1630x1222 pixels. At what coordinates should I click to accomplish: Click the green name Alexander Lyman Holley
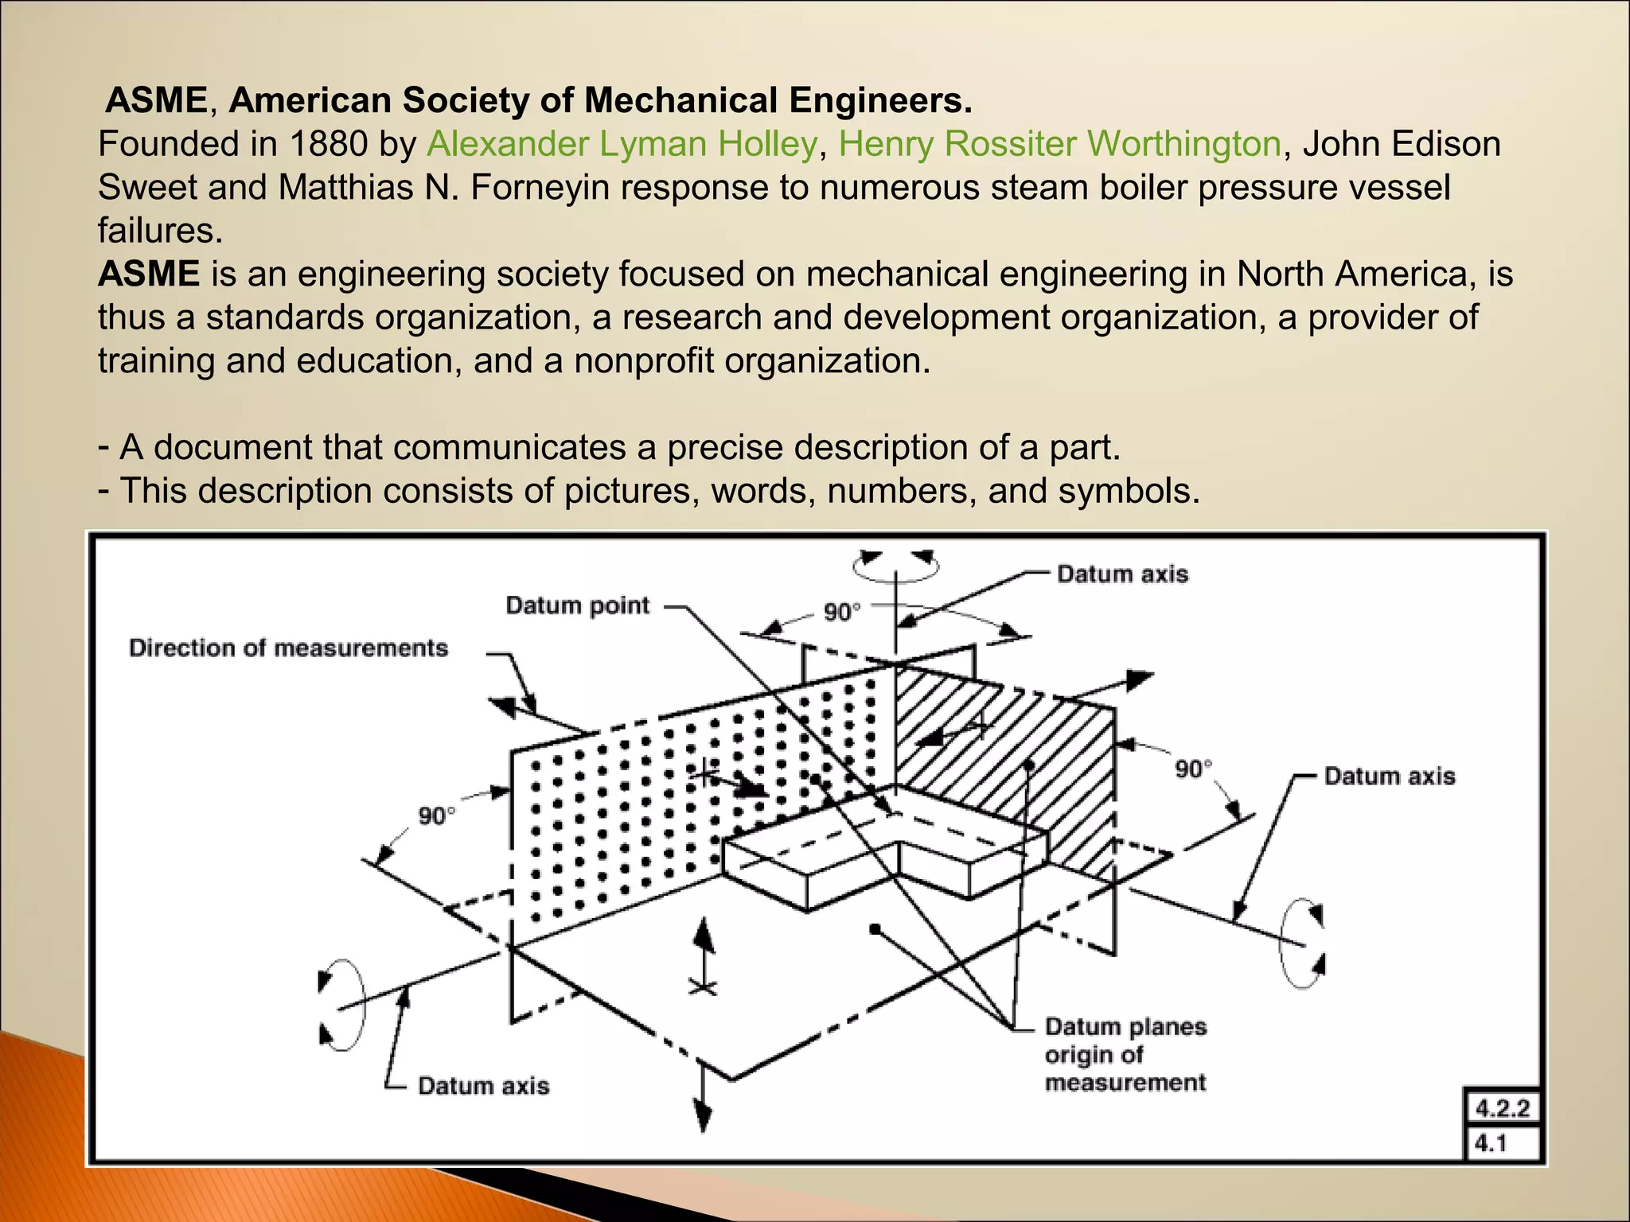click(622, 145)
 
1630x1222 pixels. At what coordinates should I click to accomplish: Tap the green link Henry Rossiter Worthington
click(1059, 145)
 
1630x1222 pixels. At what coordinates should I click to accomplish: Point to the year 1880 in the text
click(328, 145)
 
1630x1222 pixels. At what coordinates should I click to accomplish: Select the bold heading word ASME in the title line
click(157, 101)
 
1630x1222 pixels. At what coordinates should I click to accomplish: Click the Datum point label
click(578, 606)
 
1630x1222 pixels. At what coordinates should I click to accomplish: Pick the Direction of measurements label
click(289, 648)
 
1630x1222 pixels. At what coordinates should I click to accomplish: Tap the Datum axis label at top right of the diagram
click(1122, 574)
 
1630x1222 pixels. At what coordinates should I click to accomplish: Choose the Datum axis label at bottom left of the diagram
click(484, 1086)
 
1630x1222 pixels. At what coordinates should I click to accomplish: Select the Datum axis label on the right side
click(1390, 776)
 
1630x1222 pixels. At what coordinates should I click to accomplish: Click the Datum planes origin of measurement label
click(1125, 1055)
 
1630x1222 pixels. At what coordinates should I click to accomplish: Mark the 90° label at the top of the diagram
click(842, 613)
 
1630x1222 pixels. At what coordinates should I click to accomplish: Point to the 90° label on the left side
click(438, 816)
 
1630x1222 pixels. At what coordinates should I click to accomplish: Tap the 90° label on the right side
click(1194, 769)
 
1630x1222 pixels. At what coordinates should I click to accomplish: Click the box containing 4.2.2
click(1503, 1108)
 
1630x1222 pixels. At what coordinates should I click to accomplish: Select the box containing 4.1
click(1503, 1144)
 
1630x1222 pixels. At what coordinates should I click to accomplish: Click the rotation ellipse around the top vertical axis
click(896, 566)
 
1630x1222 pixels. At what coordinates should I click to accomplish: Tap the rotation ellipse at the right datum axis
click(1302, 944)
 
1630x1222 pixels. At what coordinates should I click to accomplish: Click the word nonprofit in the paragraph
click(644, 361)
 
